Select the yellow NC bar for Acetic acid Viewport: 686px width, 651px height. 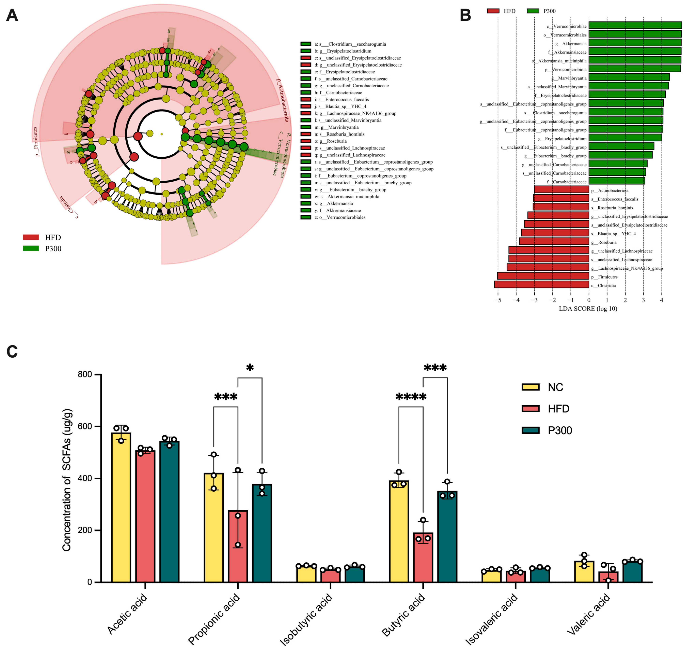(x=121, y=507)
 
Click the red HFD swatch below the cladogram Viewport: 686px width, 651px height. (x=31, y=237)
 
